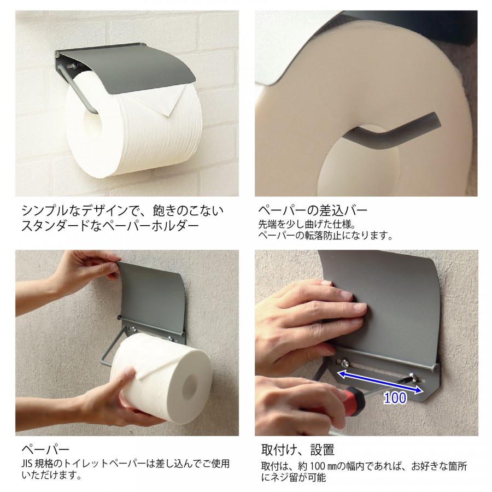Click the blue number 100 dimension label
tap(395, 397)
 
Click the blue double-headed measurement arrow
tap(379, 381)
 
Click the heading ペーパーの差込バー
tap(313, 210)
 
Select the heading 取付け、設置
tap(298, 450)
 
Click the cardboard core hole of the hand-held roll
tap(189, 386)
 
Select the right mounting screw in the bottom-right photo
tap(416, 375)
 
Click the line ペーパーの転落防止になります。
tap(326, 236)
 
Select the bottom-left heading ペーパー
tap(45, 450)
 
